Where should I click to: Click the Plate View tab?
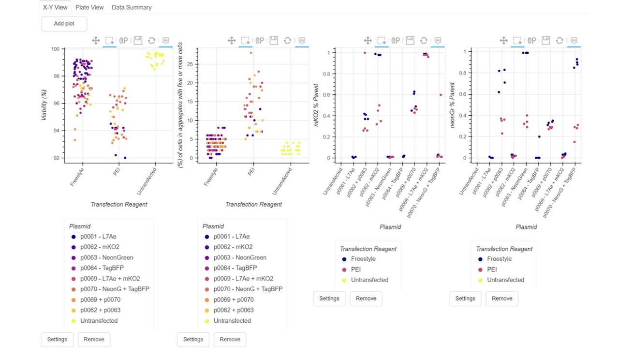[89, 7]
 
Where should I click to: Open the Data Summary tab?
[132, 7]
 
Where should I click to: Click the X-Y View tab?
[55, 7]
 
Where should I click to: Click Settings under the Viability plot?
[57, 340]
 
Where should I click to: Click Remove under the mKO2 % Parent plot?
[366, 299]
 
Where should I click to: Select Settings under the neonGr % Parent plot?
[465, 299]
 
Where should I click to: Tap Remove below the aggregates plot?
[230, 340]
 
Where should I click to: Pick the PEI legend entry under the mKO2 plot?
[356, 270]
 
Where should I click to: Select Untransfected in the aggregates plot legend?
[232, 321]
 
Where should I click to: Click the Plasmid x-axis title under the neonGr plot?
[526, 226]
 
